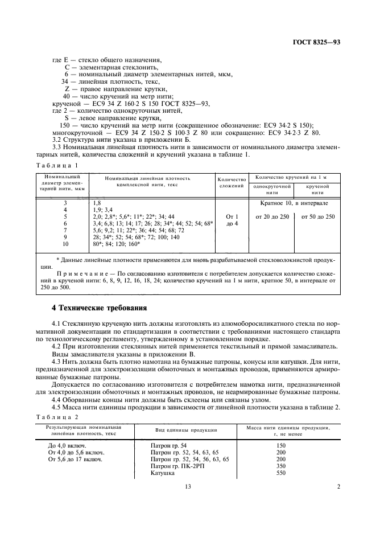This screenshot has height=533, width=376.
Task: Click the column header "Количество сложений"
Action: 231,182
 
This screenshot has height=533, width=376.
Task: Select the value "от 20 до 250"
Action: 272,216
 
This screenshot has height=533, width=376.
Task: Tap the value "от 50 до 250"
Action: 318,216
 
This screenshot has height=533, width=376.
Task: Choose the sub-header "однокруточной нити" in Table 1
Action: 272,189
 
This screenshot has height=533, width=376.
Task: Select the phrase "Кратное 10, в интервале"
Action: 294,203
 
